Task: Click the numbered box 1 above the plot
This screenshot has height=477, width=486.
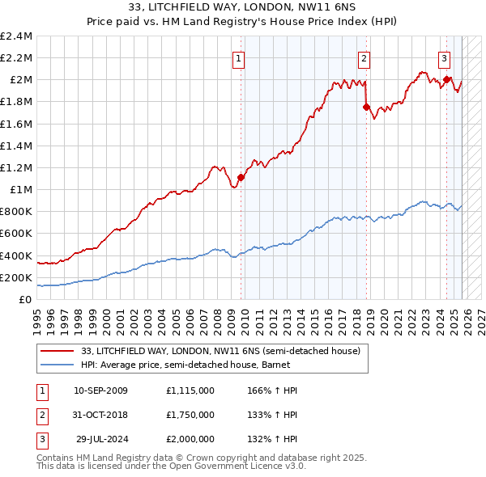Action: click(x=240, y=58)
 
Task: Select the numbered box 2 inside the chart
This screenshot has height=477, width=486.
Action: click(x=364, y=58)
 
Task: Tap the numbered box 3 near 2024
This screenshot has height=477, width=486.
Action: click(x=445, y=58)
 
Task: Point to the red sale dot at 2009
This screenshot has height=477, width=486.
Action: click(x=241, y=177)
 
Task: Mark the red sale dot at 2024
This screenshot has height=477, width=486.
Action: click(x=446, y=79)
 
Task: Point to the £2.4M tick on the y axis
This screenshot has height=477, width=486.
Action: click(x=17, y=36)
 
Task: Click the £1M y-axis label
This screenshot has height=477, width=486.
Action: click(x=21, y=190)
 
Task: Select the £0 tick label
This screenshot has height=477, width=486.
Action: click(x=26, y=299)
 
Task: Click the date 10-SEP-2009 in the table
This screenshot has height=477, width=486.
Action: click(x=100, y=390)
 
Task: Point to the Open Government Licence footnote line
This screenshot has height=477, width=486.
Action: click(x=172, y=466)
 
